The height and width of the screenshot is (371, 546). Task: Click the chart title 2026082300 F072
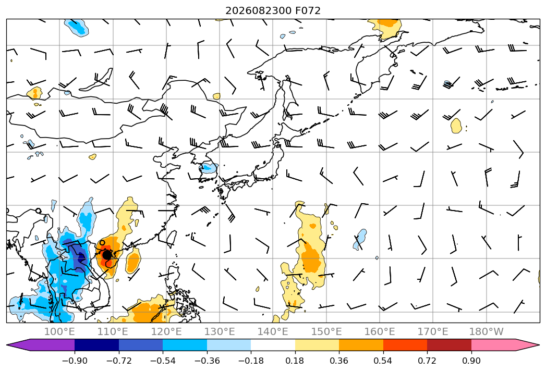point(273,10)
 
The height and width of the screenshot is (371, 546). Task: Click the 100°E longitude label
point(59,331)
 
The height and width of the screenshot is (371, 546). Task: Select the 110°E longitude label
point(113,331)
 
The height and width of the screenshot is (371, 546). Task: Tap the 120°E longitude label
point(166,331)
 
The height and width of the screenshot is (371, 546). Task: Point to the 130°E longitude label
point(220,331)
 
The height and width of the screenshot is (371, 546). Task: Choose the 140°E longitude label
point(273,331)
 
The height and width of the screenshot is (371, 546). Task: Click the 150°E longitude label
point(326,331)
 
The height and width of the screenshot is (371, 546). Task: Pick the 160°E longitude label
point(380,331)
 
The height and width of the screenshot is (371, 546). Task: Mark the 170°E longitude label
point(433,331)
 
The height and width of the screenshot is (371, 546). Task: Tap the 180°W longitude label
point(486,331)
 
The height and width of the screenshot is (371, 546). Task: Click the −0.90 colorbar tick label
point(75,361)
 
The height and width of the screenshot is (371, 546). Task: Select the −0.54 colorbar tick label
point(163,361)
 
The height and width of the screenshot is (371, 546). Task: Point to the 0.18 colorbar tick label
point(295,361)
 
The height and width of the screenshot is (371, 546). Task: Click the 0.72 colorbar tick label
point(427,361)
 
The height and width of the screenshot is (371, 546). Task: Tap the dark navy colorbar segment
point(97,344)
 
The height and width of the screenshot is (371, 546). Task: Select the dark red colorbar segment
point(449,344)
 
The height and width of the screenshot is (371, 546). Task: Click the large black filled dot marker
point(107,255)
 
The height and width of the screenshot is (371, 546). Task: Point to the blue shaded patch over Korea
point(208,169)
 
